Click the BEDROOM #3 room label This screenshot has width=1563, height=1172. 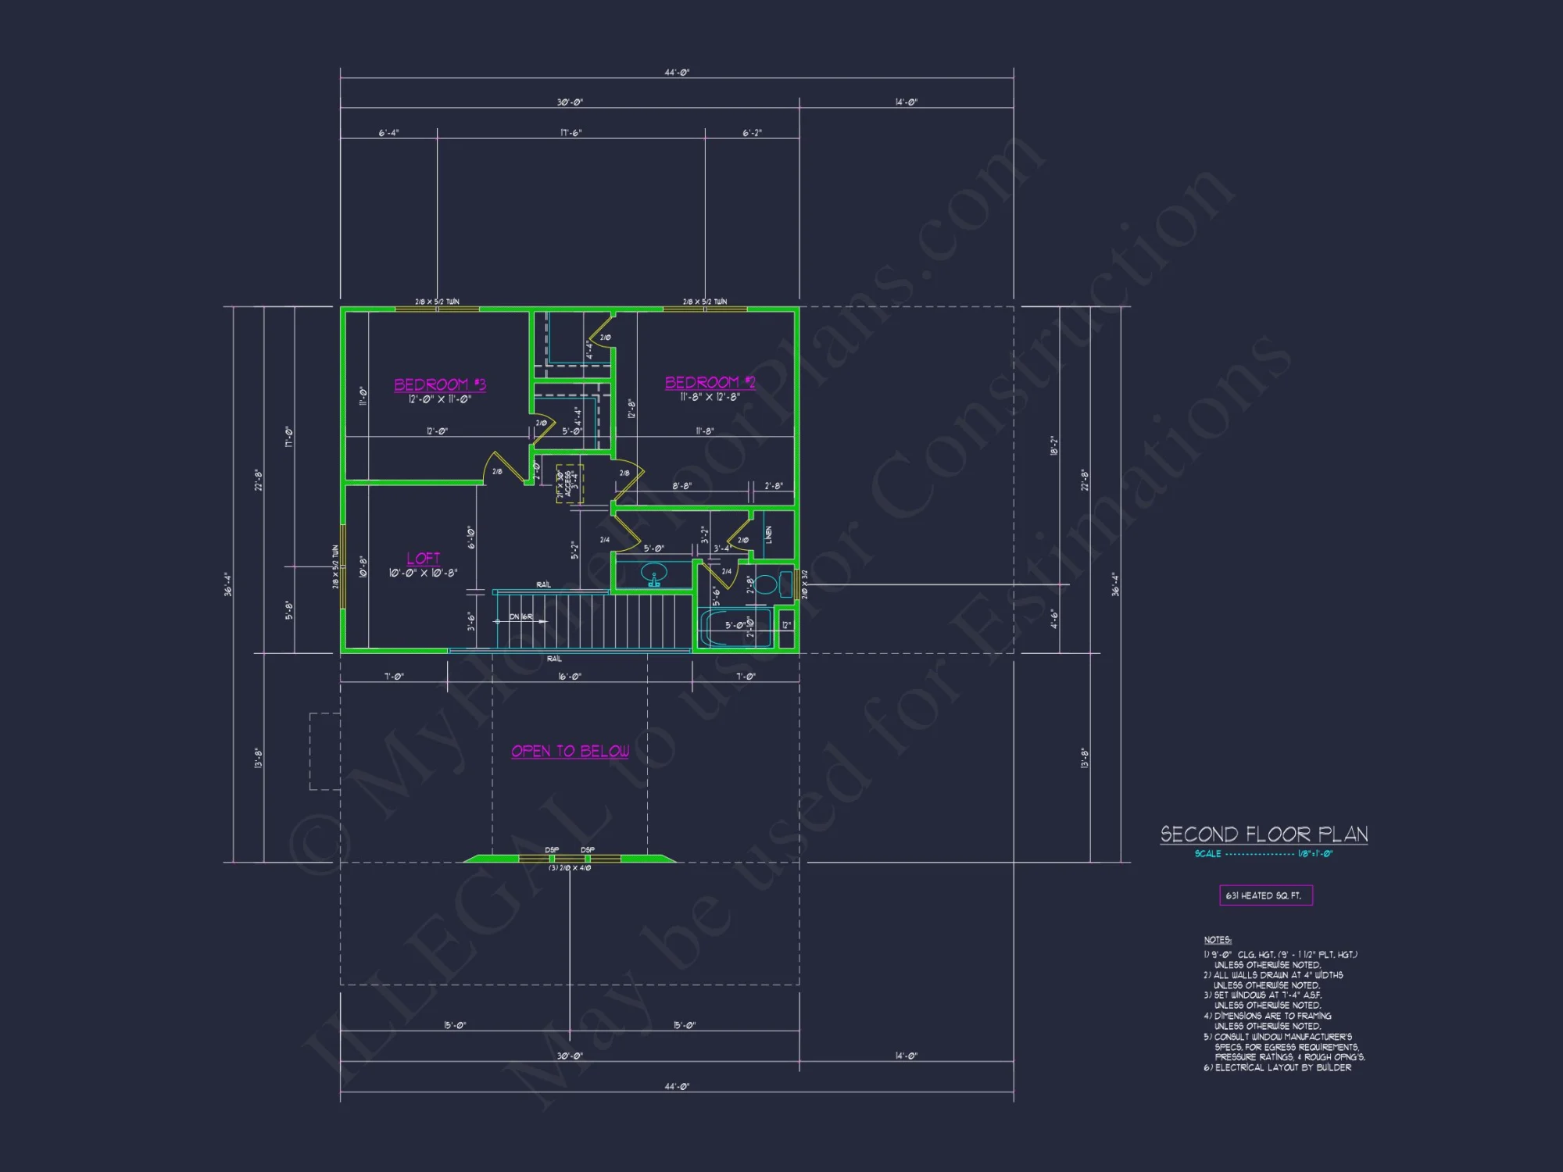(x=440, y=384)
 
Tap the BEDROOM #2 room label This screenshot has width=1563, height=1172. (x=710, y=382)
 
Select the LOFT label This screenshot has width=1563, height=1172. (x=424, y=558)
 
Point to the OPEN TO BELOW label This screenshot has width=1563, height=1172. (x=570, y=751)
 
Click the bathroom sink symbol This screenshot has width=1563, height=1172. (x=654, y=577)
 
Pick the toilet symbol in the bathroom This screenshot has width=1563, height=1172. (x=768, y=584)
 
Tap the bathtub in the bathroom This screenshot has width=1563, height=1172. (x=735, y=627)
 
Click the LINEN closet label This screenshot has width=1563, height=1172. (x=769, y=535)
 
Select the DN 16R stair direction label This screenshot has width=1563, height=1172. (x=520, y=617)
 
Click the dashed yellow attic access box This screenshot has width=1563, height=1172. (x=570, y=484)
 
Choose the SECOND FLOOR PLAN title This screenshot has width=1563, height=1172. (x=1264, y=834)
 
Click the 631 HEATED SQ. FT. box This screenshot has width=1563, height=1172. (x=1265, y=895)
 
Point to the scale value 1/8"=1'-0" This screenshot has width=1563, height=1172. (x=1314, y=854)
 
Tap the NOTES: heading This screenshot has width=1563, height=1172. (x=1218, y=940)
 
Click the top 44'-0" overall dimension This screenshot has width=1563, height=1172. (x=677, y=73)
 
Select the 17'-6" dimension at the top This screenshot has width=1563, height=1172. (x=570, y=133)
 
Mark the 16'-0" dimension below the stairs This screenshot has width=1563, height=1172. (x=570, y=677)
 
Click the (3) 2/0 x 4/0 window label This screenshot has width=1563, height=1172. (x=570, y=868)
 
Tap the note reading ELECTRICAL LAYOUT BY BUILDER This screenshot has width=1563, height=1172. (x=1282, y=1067)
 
